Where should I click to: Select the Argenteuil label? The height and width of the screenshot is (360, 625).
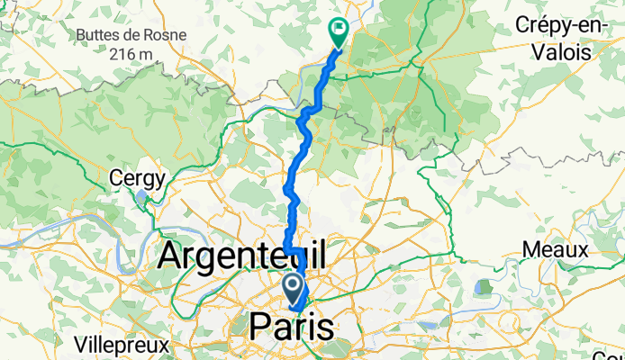click(242, 255)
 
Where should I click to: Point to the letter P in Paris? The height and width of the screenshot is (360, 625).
click(257, 326)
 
